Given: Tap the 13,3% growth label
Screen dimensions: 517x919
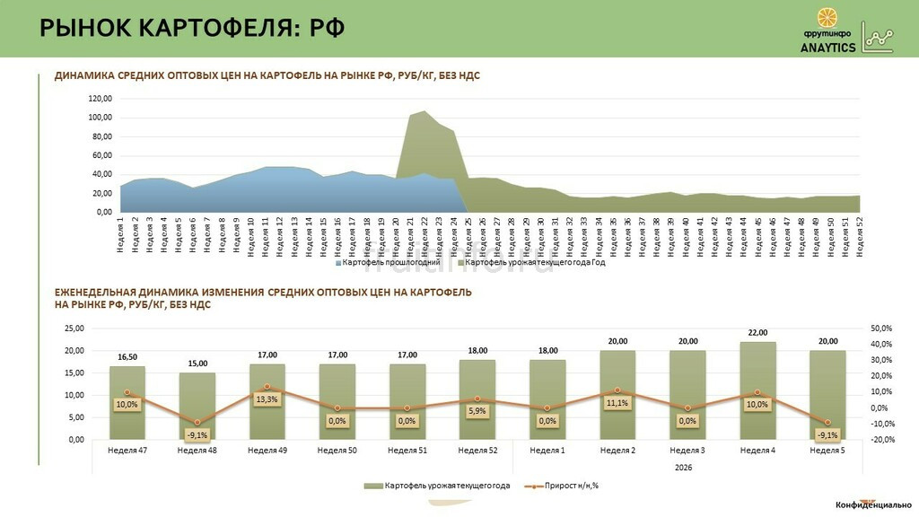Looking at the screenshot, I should tap(267, 399).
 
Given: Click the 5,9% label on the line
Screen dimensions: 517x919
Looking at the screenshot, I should tap(477, 411).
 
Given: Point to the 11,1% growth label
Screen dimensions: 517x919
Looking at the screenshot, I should tap(617, 403).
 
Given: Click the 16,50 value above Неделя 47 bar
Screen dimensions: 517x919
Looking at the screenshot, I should tap(127, 357).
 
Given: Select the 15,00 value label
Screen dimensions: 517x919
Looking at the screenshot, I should tap(197, 364).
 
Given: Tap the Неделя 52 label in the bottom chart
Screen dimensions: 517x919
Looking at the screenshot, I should tap(477, 450).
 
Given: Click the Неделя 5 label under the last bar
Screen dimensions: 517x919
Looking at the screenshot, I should tap(827, 450).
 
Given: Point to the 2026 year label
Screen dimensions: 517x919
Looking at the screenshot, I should tap(687, 467).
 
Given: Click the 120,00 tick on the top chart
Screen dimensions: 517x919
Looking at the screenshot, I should tap(100, 99).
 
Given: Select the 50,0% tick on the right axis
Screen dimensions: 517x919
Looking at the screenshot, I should tap(882, 329).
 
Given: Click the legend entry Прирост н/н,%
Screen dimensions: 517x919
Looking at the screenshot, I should tap(565, 486).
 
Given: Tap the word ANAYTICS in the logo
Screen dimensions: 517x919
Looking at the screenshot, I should tap(827, 48).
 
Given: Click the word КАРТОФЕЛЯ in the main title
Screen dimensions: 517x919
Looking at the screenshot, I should tap(213, 28).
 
